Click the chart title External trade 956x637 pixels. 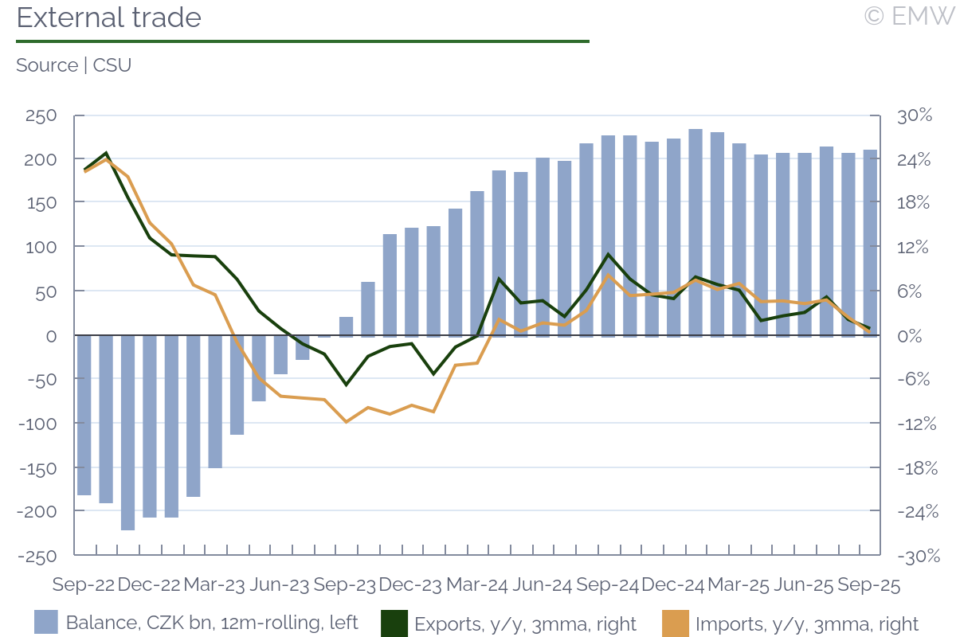tap(109, 18)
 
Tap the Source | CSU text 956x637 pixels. tap(73, 65)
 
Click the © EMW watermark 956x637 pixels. tap(908, 16)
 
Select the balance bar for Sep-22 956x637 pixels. tap(84, 415)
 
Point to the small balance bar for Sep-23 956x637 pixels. tap(346, 326)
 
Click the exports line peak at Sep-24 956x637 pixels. tap(608, 255)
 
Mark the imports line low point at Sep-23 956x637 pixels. tap(346, 421)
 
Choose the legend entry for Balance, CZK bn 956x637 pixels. tap(196, 623)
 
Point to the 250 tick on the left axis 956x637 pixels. tap(40, 115)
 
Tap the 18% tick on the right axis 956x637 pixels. tap(915, 203)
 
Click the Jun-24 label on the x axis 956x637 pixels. tap(543, 585)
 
